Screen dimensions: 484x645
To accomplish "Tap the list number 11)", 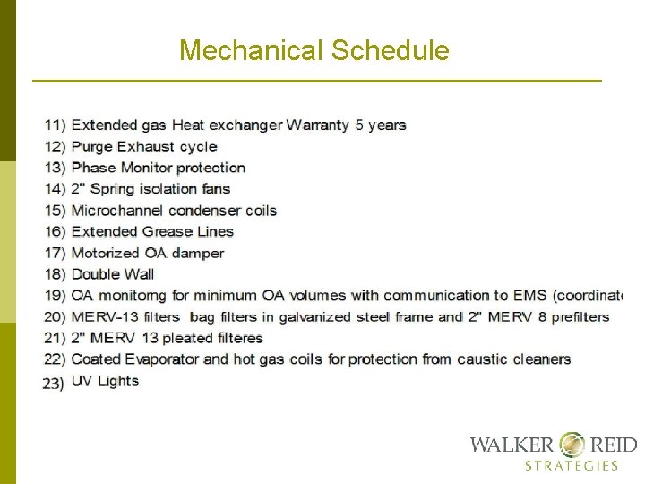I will click(x=55, y=125).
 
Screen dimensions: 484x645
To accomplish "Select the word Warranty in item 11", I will click(x=318, y=125).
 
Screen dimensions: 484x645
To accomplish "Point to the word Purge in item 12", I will click(x=91, y=147).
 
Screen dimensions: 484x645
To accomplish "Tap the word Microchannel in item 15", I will click(x=116, y=211).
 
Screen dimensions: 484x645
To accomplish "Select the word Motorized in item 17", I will click(x=107, y=253).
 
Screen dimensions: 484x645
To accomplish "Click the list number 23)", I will click(x=54, y=383).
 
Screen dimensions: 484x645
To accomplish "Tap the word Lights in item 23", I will click(x=119, y=381).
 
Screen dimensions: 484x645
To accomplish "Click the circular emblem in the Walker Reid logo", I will click(x=572, y=445).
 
